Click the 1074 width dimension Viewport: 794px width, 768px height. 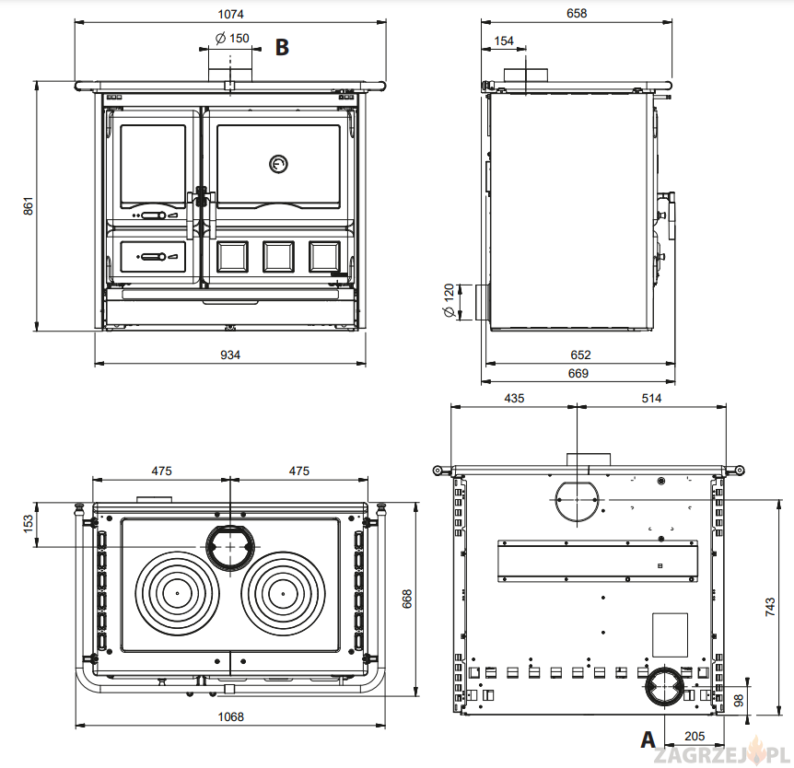point(230,15)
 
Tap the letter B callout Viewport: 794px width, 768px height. point(283,47)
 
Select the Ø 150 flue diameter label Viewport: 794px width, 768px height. point(232,39)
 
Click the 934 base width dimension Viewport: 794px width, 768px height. point(229,355)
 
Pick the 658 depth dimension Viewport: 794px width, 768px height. point(577,14)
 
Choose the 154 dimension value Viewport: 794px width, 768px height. point(504,41)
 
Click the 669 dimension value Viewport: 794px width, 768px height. point(578,374)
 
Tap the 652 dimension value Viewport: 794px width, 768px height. point(580,355)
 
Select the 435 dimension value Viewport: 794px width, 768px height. point(513,398)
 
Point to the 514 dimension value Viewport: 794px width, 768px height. point(650,398)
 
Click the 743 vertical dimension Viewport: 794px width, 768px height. point(771,606)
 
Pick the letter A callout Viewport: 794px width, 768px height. point(648,739)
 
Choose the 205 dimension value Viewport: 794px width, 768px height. point(695,737)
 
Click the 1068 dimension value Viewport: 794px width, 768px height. point(230,717)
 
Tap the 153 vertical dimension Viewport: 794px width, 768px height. point(28,523)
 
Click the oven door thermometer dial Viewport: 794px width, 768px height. point(278,164)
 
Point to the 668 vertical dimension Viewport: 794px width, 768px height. point(406,599)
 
